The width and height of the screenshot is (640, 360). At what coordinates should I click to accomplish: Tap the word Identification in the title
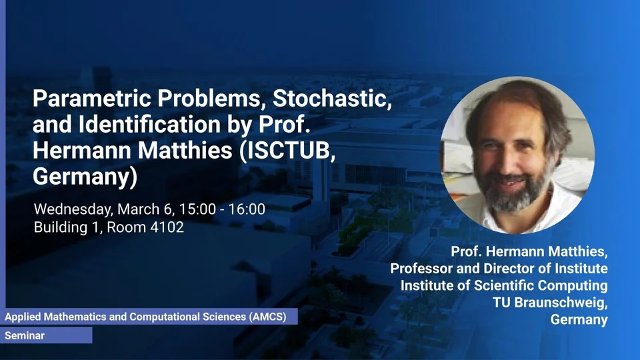pos(149,124)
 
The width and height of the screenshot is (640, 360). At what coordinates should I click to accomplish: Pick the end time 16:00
pos(247,209)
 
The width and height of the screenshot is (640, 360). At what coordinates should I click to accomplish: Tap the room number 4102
pos(167,227)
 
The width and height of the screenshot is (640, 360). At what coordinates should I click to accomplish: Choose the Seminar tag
pos(25,335)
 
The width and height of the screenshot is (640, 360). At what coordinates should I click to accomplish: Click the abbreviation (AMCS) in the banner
pos(268,317)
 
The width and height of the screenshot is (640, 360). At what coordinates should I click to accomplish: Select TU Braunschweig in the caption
pos(550,303)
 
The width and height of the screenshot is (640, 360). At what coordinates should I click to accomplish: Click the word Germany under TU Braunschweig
pos(579,319)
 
